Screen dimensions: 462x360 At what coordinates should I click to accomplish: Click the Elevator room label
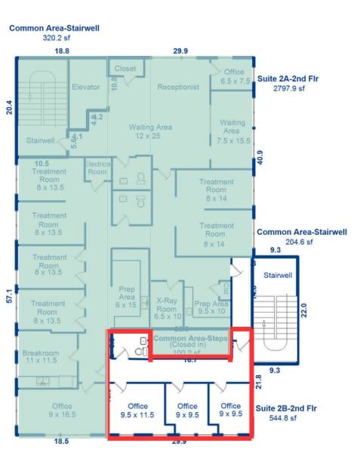[x=85, y=87]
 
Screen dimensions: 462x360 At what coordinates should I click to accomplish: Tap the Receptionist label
[x=178, y=87]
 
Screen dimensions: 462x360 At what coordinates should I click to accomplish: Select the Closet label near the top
[x=125, y=69]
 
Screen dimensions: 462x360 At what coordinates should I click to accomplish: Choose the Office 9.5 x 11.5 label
[x=137, y=410]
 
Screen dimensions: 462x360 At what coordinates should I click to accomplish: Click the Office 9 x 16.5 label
[x=61, y=410]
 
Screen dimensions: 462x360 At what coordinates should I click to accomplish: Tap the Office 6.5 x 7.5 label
[x=233, y=76]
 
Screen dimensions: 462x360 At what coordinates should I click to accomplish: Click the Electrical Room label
[x=97, y=167]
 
